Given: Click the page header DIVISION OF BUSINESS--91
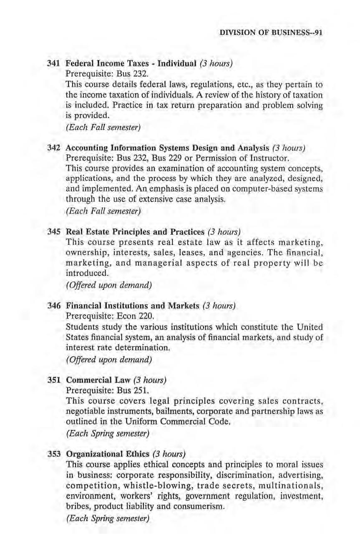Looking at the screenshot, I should (271, 33).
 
